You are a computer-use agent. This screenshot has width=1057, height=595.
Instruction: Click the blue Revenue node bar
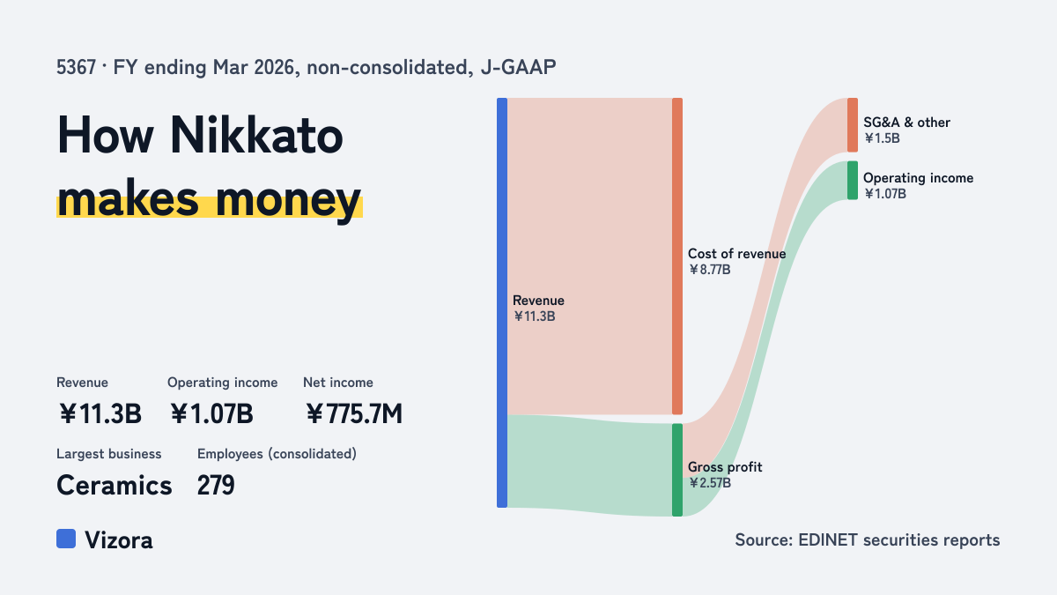[502, 302]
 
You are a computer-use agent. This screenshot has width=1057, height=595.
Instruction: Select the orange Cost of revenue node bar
[677, 256]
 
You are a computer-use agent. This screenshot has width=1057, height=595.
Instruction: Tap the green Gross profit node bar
[677, 470]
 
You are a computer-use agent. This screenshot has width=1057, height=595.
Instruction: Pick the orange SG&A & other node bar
[853, 124]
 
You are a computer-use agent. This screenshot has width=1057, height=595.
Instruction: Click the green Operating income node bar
[853, 181]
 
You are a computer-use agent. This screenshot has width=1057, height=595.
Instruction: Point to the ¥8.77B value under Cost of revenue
[709, 270]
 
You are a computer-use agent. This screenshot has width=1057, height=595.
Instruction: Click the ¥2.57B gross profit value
[710, 483]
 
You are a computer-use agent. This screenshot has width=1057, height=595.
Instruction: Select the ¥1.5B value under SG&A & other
[882, 138]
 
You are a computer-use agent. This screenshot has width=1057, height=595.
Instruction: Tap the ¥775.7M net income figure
[354, 413]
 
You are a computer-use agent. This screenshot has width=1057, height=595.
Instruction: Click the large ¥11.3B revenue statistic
[100, 413]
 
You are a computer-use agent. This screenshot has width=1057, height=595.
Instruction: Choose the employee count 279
[216, 486]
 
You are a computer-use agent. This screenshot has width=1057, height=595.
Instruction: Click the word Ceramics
[115, 486]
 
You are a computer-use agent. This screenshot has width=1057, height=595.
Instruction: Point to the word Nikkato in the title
[256, 136]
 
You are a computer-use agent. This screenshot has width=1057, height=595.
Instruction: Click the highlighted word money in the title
[288, 200]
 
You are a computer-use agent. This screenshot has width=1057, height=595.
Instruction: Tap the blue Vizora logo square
[66, 539]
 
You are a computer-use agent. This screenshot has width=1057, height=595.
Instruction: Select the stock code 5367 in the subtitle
[76, 68]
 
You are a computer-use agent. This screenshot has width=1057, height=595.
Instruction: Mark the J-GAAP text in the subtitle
[518, 68]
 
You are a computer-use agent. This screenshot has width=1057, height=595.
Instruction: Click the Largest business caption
[109, 454]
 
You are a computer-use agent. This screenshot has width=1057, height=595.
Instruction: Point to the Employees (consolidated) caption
[277, 454]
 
